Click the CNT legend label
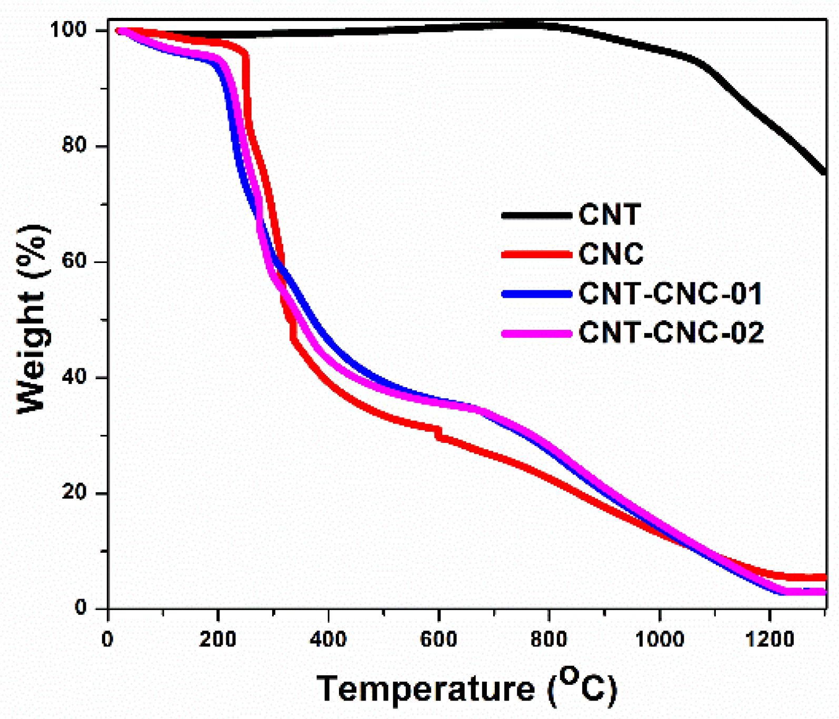point(610,215)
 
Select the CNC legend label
point(611,254)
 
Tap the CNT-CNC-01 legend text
point(670,293)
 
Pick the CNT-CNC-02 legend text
point(671,333)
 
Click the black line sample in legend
point(536,215)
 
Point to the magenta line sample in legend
point(536,333)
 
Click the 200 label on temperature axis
point(217,640)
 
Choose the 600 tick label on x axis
point(438,640)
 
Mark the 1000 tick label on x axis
point(659,640)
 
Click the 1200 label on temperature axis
point(770,640)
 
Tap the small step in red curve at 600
point(438,432)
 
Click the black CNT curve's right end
point(824,172)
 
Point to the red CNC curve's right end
point(824,577)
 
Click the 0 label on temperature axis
point(107,640)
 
